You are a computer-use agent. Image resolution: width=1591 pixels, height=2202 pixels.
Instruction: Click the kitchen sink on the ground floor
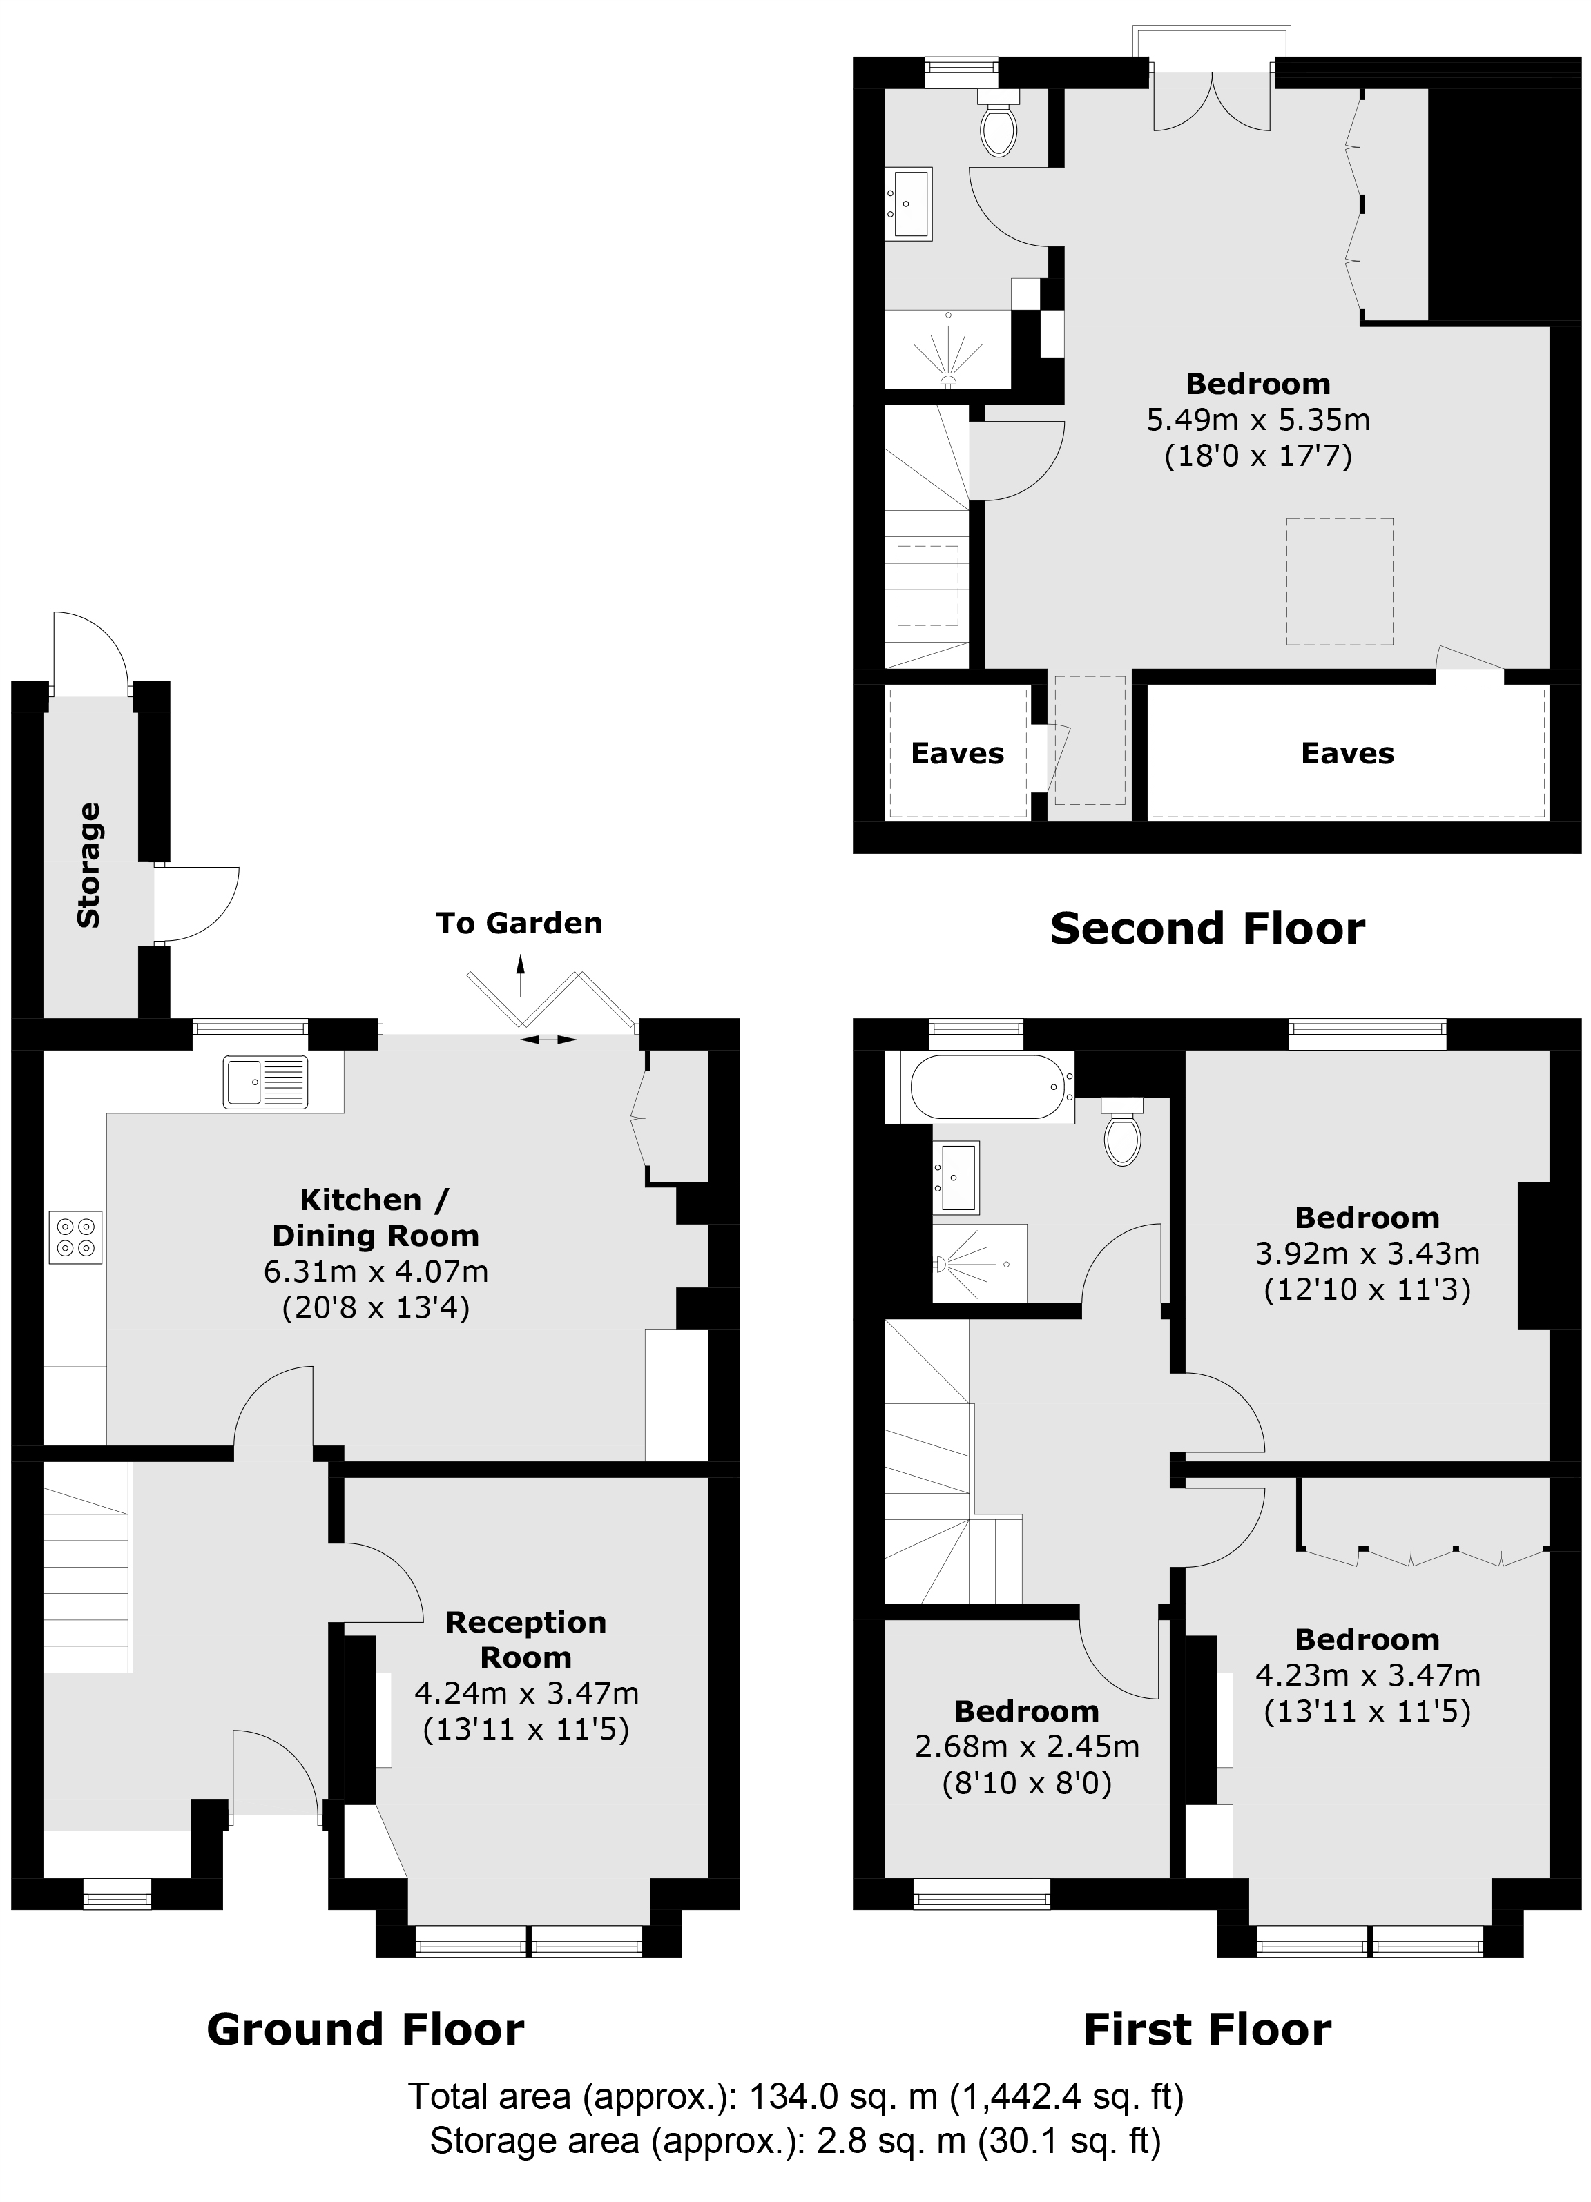264,1082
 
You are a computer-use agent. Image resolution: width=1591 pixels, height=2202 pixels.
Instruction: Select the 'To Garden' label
519,924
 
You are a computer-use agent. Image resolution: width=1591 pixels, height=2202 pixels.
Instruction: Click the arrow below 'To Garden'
521,976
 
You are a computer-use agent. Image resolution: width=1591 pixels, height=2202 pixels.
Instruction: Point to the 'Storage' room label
88,865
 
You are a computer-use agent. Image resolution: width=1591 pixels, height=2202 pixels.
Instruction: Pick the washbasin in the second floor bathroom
910,204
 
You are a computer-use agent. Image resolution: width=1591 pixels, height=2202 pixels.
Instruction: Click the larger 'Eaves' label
1347,753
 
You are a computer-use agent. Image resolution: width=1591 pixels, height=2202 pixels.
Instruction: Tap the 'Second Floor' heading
1206,929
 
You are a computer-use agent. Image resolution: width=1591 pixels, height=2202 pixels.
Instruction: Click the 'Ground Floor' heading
365,2029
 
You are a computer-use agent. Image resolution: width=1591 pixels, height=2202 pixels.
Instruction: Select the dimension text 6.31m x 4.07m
376,1271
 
